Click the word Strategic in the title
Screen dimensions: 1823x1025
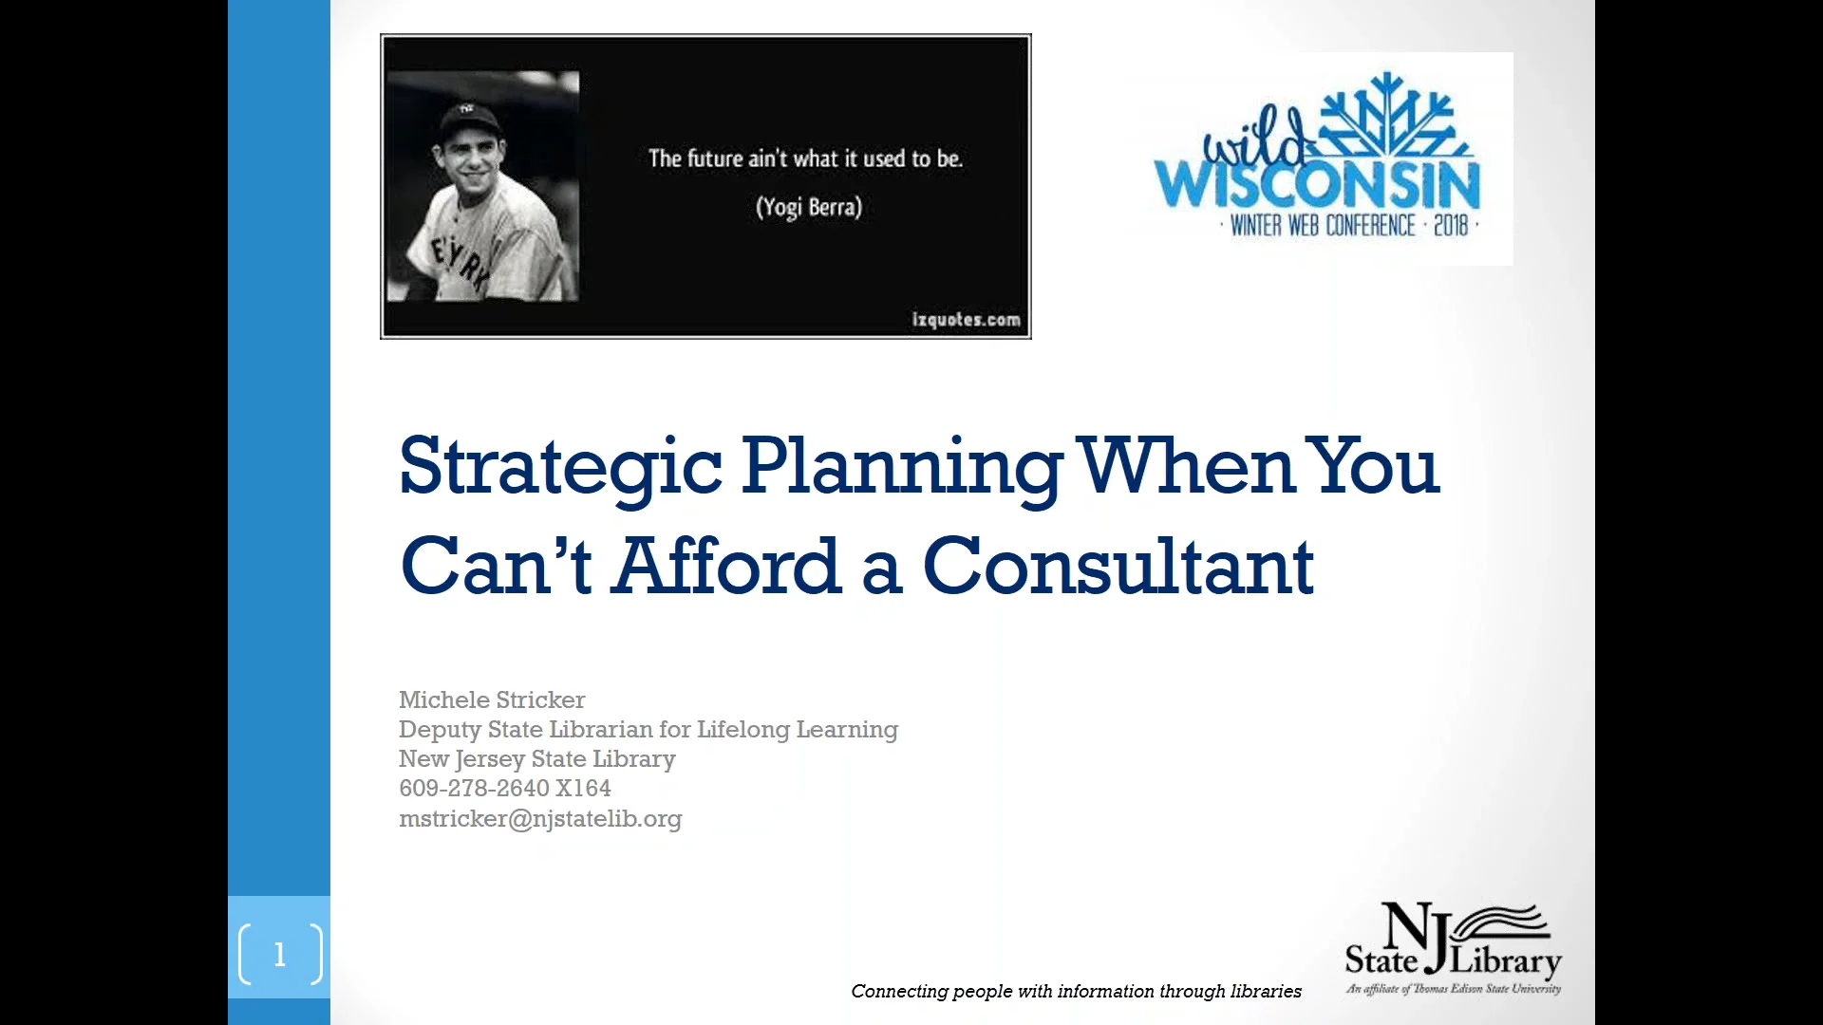pos(560,467)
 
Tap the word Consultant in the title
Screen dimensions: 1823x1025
pos(1118,566)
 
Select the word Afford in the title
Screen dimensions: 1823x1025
pos(728,566)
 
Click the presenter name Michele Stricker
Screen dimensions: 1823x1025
pos(492,699)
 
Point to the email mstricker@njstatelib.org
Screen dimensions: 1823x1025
pos(540,818)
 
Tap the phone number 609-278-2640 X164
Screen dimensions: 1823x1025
pos(505,788)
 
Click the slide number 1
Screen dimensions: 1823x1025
pos(279,954)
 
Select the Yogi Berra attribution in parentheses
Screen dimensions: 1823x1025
pos(809,207)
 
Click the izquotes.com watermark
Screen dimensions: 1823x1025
pos(967,320)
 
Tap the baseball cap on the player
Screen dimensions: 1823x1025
pos(469,120)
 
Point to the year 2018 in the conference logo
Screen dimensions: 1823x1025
pos(1451,226)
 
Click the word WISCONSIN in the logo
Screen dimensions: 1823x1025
pos(1317,184)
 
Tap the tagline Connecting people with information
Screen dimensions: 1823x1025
pos(1076,991)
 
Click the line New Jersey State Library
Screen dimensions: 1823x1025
pos(537,759)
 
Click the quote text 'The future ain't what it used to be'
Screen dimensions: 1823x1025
pos(805,158)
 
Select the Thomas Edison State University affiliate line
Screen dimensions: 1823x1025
pos(1453,989)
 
